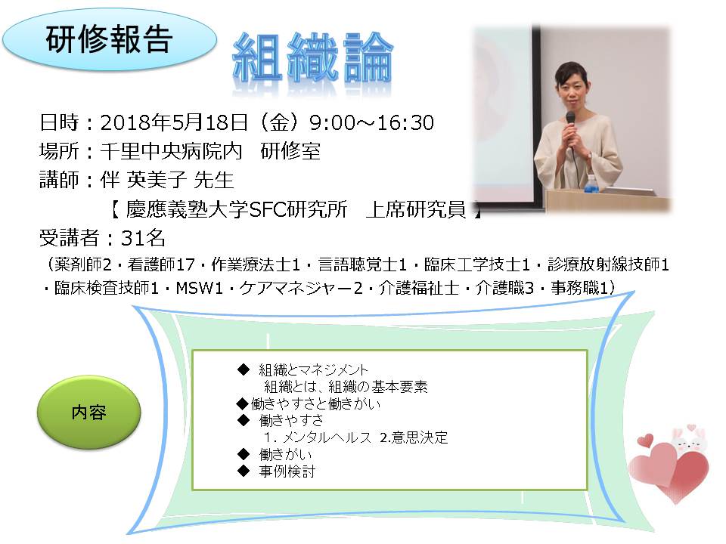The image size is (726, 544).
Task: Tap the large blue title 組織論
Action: point(312,59)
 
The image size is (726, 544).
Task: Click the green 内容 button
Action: point(88,413)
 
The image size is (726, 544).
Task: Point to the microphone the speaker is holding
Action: point(570,124)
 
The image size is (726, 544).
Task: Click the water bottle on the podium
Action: point(589,184)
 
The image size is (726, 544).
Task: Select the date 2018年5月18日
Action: point(174,122)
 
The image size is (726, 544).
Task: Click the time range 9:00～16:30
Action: point(371,123)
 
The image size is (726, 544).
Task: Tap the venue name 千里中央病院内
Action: point(172,151)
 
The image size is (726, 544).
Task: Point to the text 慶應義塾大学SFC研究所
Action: point(237,209)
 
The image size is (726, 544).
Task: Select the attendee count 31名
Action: point(143,238)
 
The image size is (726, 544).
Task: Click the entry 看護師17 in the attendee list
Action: point(161,264)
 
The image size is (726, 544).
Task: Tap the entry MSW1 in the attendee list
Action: point(200,288)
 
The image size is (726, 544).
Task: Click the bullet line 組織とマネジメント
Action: point(313,369)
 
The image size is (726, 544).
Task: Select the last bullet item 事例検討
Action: point(287,471)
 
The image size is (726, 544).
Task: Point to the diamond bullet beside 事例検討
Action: point(244,471)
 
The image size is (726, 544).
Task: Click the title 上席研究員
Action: point(415,209)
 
